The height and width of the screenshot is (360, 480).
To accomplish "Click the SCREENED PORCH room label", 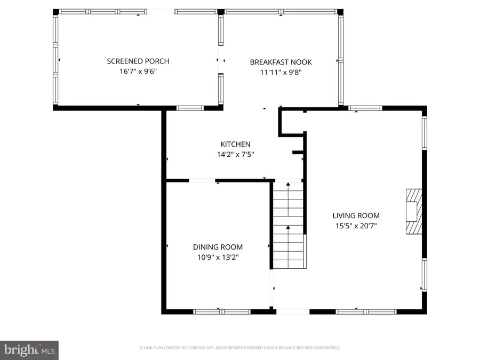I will (138, 61).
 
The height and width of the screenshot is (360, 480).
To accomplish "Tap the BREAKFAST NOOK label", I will (281, 62).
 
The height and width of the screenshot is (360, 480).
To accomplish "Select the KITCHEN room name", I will (235, 144).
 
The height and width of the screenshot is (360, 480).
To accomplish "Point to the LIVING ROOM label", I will (356, 215).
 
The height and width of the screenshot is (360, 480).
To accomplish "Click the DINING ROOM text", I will (218, 247).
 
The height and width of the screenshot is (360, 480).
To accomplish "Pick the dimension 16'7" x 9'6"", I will (138, 71).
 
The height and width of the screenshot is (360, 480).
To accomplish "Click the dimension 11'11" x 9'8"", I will (281, 72).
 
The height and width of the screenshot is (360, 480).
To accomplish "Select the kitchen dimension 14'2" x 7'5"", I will (235, 154).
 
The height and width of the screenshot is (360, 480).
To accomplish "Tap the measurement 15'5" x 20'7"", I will (356, 226).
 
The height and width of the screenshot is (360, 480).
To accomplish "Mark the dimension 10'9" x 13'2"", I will (218, 257).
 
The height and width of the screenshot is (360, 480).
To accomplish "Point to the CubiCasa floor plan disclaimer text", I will (240, 348).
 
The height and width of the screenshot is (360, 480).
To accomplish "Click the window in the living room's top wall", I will (365, 108).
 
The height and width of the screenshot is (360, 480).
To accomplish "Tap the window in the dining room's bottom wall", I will (219, 311).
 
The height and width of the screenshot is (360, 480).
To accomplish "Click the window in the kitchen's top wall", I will (190, 108).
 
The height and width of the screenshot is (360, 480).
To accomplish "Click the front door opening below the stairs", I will (292, 311).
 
